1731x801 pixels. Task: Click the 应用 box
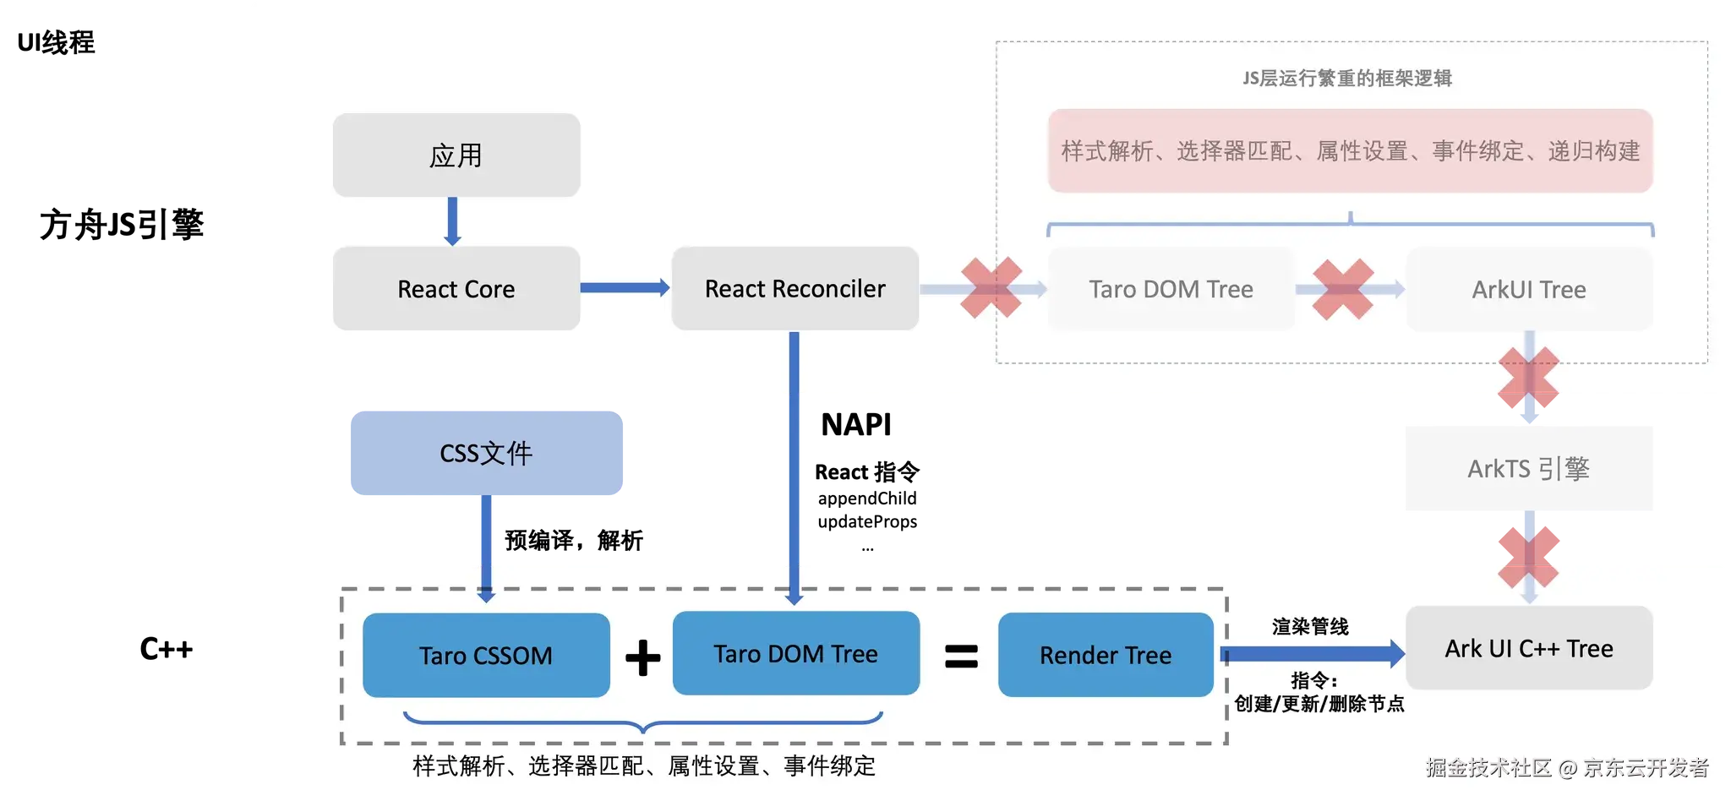(456, 155)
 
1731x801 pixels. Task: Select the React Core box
(456, 288)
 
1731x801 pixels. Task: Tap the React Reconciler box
(795, 288)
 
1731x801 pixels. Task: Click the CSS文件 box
(487, 453)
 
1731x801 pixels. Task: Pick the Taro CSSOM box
(486, 655)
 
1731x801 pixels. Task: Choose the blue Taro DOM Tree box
(796, 653)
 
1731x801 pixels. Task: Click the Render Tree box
(1106, 655)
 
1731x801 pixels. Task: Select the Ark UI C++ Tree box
(1529, 648)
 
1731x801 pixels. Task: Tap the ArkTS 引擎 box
(1529, 468)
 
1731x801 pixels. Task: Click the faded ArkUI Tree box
(1529, 289)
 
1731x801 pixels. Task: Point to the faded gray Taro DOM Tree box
(1171, 289)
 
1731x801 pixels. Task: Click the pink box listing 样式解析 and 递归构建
(1351, 150)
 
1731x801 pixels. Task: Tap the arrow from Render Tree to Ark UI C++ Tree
(1313, 654)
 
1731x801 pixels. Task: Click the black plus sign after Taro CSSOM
(643, 657)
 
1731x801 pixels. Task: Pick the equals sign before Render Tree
(961, 657)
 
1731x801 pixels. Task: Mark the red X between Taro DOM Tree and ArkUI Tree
(1343, 289)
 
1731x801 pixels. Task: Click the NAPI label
(856, 424)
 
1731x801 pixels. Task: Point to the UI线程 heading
(56, 42)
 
